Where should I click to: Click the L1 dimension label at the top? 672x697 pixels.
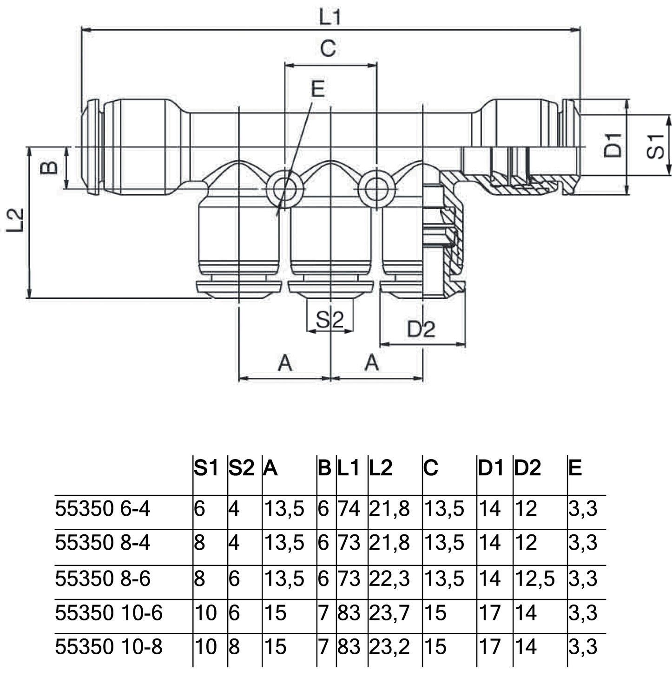pos(330,17)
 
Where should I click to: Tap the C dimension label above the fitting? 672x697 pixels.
pos(328,48)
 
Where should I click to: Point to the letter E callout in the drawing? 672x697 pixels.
pos(318,89)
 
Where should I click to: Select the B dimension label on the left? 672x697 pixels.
pos(50,167)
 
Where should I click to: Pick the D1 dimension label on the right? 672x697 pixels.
pos(613,145)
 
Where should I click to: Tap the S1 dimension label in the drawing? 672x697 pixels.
pos(656,146)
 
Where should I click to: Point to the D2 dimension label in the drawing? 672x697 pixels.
pos(421,329)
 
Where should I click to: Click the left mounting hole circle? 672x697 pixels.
pos(284,189)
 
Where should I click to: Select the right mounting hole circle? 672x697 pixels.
pos(377,189)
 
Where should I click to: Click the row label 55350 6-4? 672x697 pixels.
pos(103,509)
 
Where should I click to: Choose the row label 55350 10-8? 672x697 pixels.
pos(109,647)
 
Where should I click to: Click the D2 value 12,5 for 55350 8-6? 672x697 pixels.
pos(534,579)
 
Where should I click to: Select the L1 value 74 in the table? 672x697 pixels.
pos(349,509)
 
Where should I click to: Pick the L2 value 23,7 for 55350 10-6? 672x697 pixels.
pos(389,613)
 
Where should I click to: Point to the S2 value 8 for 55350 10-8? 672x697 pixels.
pos(234,647)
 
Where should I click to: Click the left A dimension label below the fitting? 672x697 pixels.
pos(285,362)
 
